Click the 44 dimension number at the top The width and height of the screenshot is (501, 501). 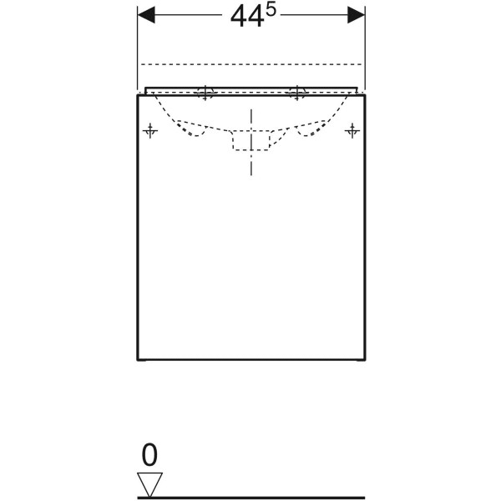[247, 18]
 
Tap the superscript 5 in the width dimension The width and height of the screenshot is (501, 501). [271, 11]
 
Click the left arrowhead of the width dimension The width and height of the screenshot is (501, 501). [146, 15]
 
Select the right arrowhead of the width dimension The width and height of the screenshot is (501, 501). [356, 15]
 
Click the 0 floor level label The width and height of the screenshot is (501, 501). [149, 454]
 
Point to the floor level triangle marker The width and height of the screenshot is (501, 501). [149, 484]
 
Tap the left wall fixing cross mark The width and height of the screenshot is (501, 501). [150, 131]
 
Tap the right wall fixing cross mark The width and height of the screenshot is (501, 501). [352, 131]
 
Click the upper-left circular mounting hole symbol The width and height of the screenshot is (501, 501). [205, 93]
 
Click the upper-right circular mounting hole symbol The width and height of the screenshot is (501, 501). [297, 93]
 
